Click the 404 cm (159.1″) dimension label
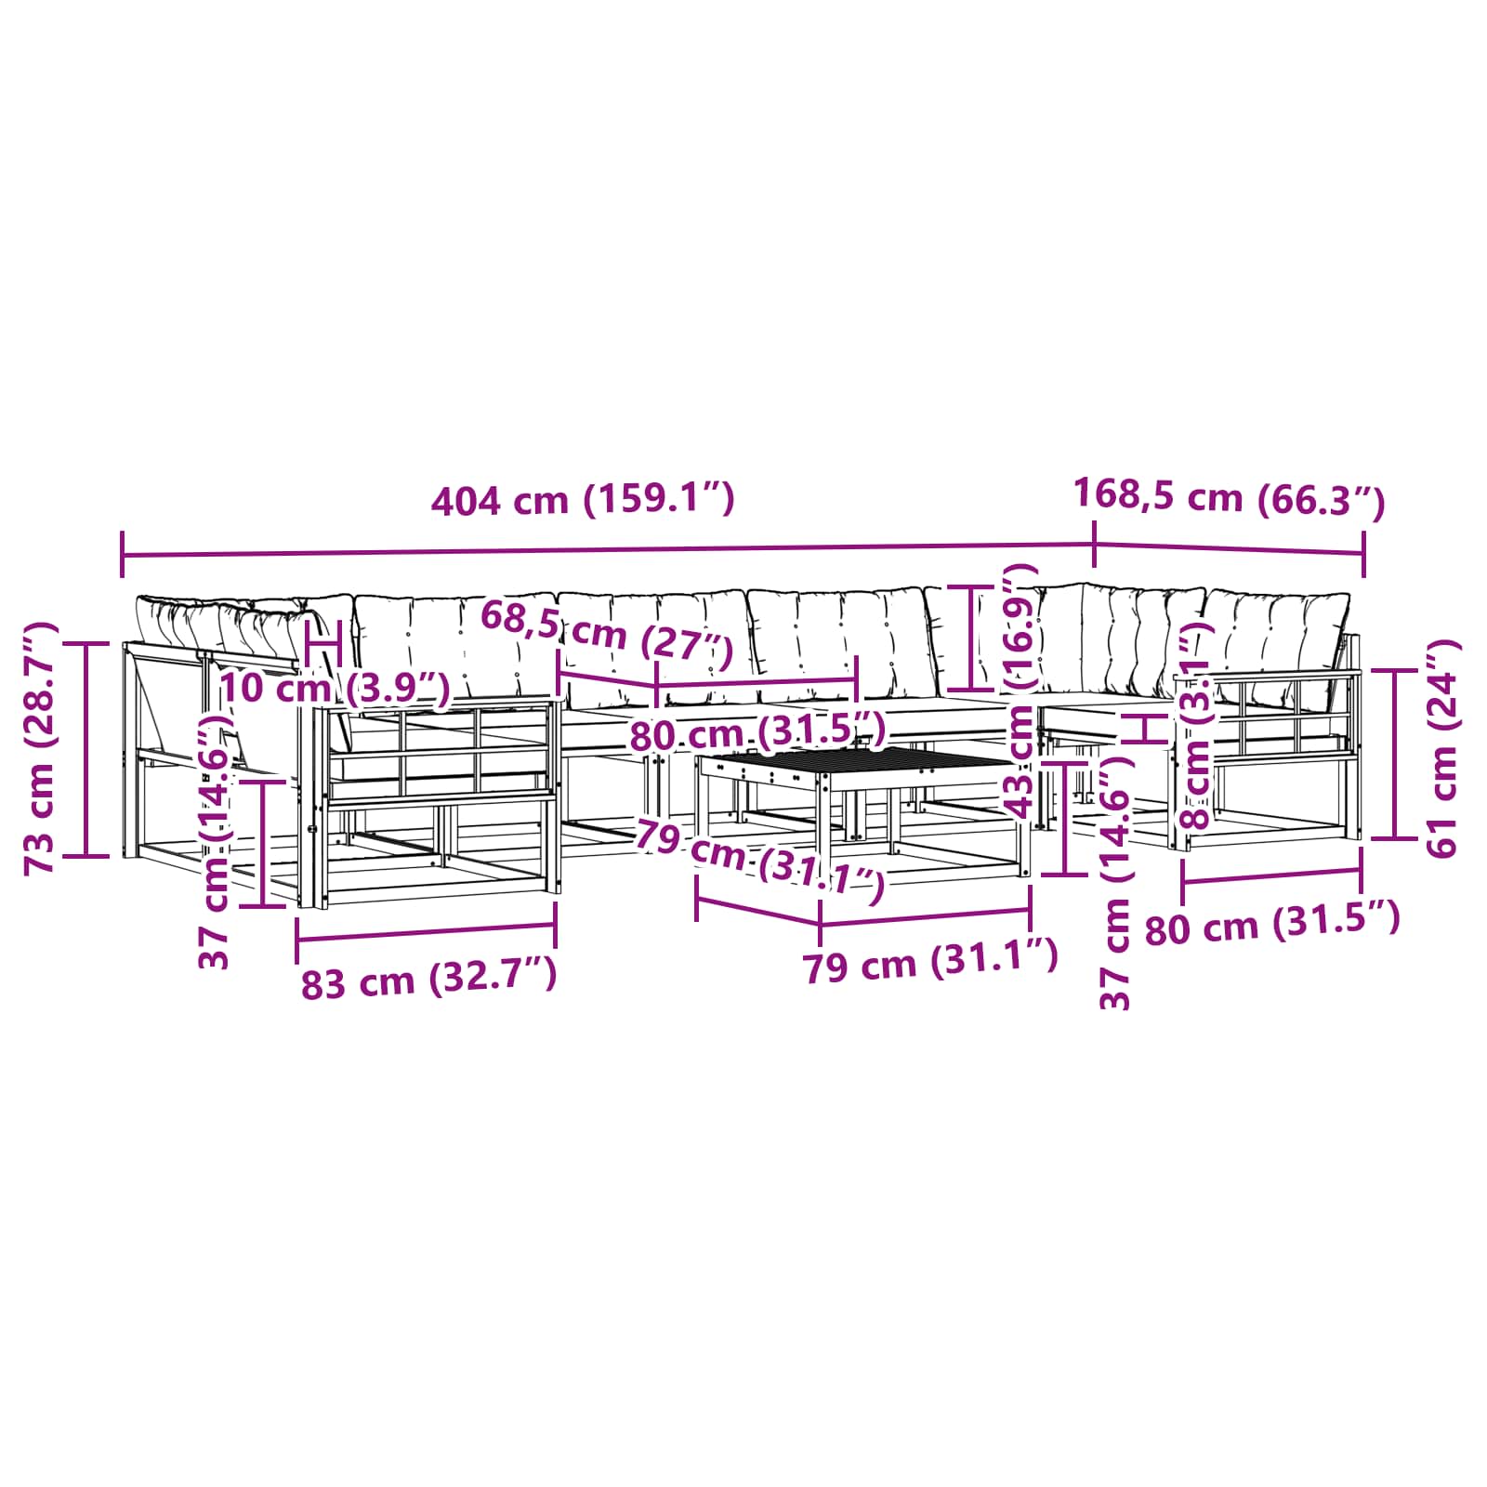583,500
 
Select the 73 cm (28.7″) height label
42,748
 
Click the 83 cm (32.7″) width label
428,980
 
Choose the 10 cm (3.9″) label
335,689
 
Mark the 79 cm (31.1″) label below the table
930,962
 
